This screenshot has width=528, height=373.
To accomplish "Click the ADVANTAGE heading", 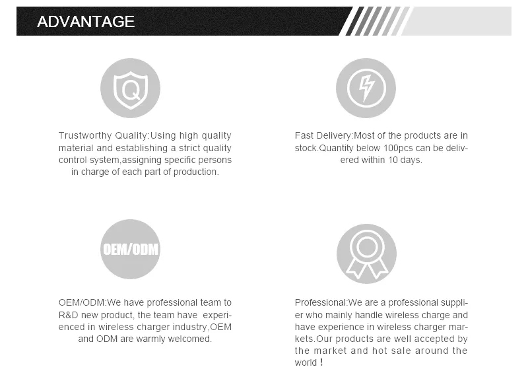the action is coord(86,22).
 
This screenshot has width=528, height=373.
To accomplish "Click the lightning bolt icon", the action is coord(366,88).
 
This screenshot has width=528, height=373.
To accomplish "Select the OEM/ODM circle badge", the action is coord(130,250).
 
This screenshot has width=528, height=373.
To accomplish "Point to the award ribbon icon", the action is coord(367,254).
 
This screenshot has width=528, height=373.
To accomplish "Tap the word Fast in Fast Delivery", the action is coord(304,135).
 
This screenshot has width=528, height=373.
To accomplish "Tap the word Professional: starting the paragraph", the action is coord(321,302).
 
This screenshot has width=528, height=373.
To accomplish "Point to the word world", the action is coord(306,362).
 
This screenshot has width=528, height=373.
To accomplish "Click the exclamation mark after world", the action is coord(321,362).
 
